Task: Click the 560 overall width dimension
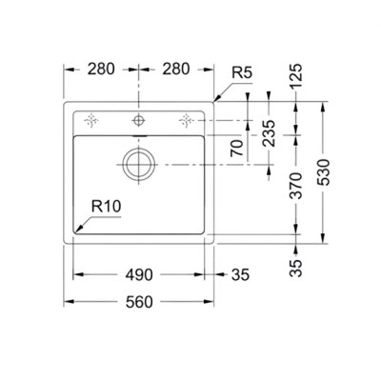[139, 302]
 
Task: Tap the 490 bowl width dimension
[139, 275]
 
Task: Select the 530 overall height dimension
[324, 172]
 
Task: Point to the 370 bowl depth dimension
[296, 186]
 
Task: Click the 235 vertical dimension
[269, 133]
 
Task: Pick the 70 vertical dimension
[237, 148]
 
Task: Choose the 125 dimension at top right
[296, 76]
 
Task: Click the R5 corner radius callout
[242, 73]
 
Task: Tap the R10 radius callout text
[107, 207]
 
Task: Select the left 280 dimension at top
[101, 70]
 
